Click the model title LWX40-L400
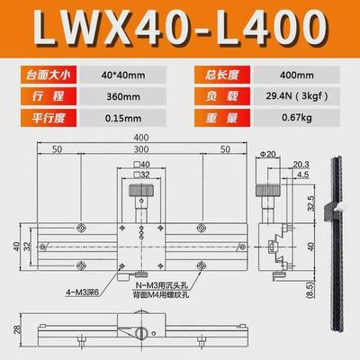tap(180, 28)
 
